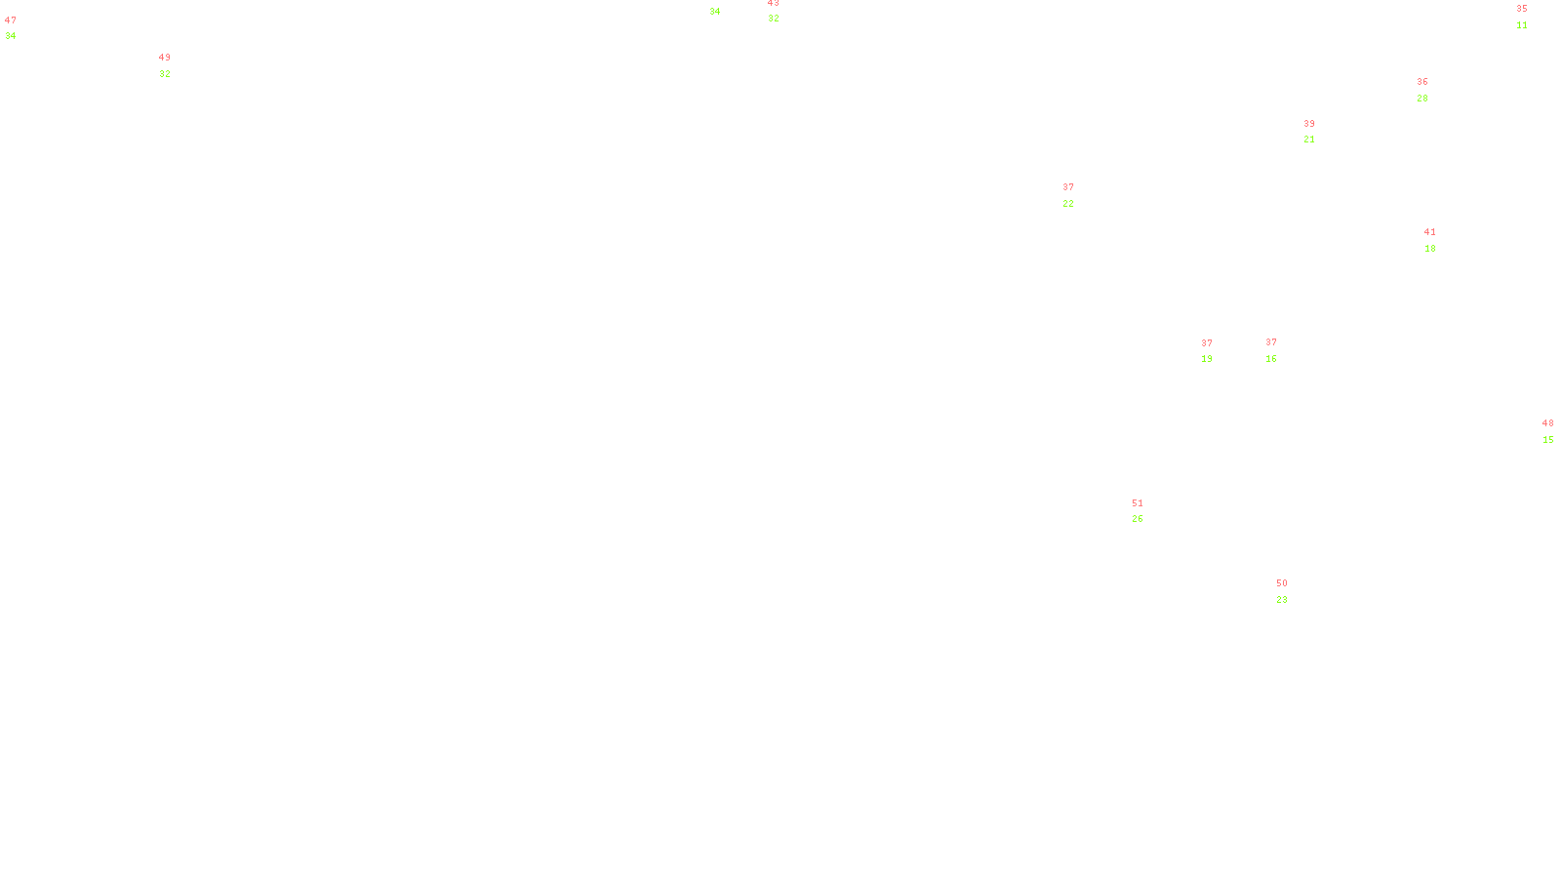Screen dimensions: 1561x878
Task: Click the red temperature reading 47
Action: tap(11, 20)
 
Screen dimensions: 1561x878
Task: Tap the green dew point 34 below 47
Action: tap(11, 36)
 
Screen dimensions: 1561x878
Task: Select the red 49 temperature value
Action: tap(165, 58)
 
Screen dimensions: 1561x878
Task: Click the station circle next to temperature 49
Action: tap(175, 66)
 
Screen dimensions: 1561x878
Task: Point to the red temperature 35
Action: tap(1522, 9)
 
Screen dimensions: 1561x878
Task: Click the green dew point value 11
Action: tap(1522, 25)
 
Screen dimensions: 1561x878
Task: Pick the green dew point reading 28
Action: tap(1422, 99)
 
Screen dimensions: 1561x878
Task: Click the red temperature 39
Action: tap(1309, 124)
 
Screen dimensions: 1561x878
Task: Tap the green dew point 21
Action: tap(1309, 140)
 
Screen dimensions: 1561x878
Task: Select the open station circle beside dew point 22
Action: tap(1077, 195)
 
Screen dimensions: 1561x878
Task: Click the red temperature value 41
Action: tap(1430, 232)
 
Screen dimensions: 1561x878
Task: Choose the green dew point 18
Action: tap(1430, 249)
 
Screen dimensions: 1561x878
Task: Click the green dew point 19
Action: tap(1207, 359)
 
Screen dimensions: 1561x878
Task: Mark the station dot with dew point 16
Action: tap(1280, 351)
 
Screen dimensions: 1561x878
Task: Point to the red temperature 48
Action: tap(1548, 423)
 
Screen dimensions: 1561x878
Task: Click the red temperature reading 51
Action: tap(1138, 503)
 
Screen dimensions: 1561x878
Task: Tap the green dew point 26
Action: tap(1138, 519)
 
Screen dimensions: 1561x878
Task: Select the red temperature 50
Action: tap(1282, 583)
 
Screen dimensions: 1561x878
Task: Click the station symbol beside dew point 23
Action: tap(1292, 591)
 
